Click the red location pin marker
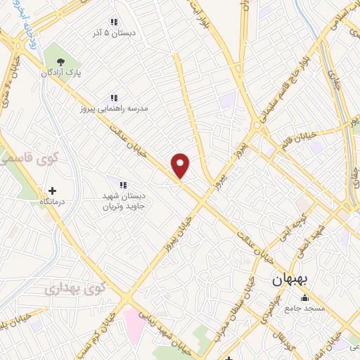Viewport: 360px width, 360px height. coord(181,166)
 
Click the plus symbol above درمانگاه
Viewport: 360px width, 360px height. coord(52,190)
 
